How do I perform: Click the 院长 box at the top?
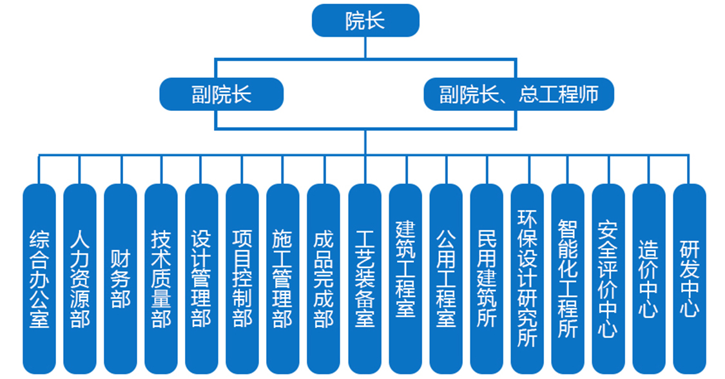[x=365, y=21]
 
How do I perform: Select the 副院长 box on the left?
[x=221, y=95]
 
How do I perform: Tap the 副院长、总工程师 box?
[x=518, y=95]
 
